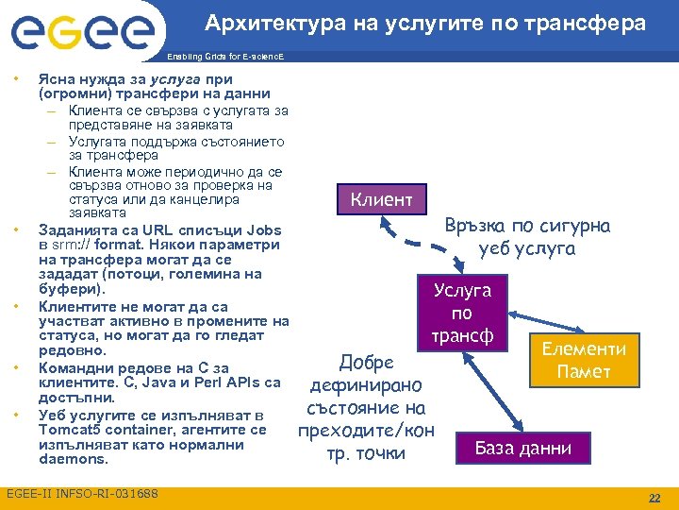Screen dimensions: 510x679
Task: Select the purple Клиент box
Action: (381, 199)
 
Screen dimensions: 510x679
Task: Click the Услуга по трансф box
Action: (462, 313)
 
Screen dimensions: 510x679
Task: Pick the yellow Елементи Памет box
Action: (584, 360)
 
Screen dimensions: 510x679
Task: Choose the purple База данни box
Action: (522, 448)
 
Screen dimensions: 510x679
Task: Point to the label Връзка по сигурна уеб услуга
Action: (527, 236)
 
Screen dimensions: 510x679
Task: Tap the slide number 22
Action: (654, 497)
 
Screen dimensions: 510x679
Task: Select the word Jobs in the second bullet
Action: (263, 229)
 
